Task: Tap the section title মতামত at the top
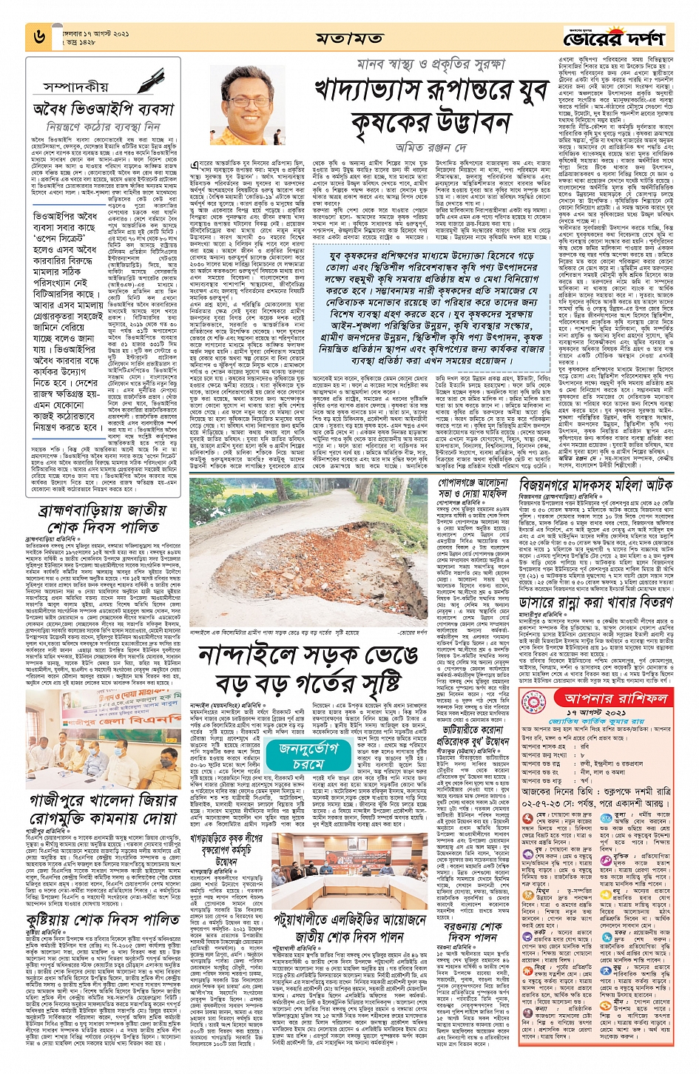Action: pyautogui.click(x=348, y=38)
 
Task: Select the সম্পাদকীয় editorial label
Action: pyautogui.click(x=76, y=88)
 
